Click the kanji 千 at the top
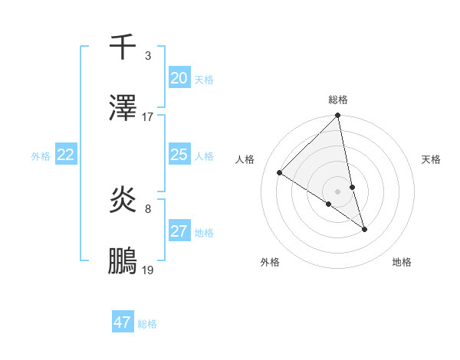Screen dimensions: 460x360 click(x=123, y=47)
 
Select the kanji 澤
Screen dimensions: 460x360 click(x=123, y=109)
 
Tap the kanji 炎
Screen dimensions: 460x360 click(x=123, y=201)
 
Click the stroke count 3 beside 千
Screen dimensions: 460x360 click(x=148, y=56)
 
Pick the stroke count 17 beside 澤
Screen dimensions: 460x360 click(x=148, y=117)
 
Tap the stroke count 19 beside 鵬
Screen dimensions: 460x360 click(x=148, y=270)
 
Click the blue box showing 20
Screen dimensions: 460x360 click(x=179, y=78)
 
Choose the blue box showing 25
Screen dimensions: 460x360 click(x=179, y=155)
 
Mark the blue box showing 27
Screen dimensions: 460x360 click(x=179, y=231)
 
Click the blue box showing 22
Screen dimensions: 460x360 click(x=66, y=155)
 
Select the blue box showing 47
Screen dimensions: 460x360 click(x=123, y=322)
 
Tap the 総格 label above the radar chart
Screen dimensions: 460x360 click(x=338, y=100)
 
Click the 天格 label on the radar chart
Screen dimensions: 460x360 click(x=431, y=159)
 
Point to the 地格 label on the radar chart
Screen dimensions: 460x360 click(x=402, y=262)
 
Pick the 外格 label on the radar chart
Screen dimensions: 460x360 click(x=270, y=262)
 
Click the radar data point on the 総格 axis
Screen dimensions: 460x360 click(x=338, y=116)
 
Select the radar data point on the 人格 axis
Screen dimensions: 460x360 click(x=280, y=173)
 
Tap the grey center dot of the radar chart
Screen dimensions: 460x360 click(x=338, y=191)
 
